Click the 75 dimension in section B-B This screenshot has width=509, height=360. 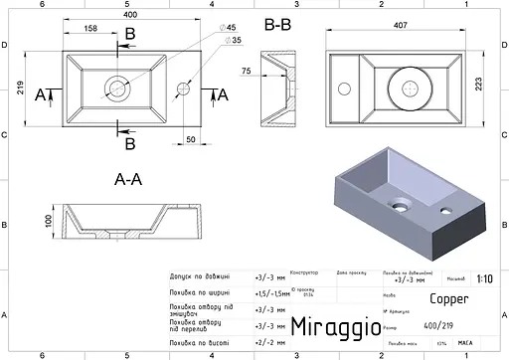coord(246,71)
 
